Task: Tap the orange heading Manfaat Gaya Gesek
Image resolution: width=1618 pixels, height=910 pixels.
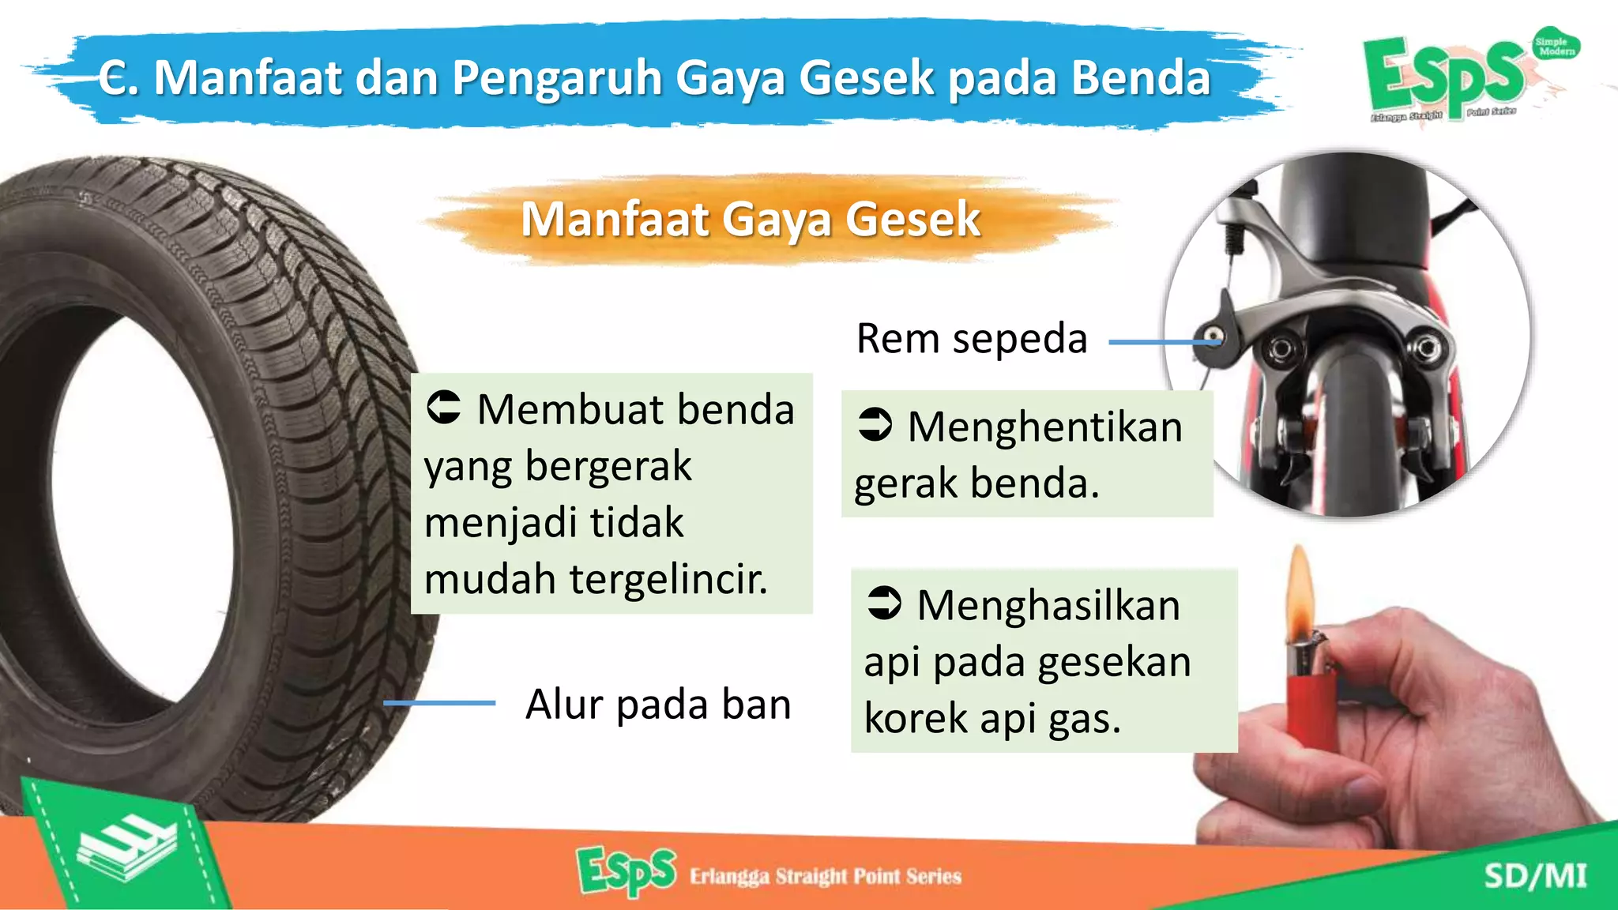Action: click(x=751, y=219)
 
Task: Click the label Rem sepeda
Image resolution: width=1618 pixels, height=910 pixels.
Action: click(x=972, y=339)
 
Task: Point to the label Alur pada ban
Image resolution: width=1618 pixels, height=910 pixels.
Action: click(x=658, y=704)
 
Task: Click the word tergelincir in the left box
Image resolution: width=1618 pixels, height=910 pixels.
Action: click(x=668, y=579)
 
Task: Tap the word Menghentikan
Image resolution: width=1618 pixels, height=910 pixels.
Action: click(x=1045, y=427)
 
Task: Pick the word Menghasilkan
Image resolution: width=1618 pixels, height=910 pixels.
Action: click(x=1048, y=606)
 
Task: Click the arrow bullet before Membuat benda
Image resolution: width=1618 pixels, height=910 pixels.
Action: click(x=444, y=408)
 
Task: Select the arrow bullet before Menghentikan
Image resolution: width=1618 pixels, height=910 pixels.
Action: click(x=875, y=424)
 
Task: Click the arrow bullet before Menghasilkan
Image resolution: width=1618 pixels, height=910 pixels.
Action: click(x=884, y=604)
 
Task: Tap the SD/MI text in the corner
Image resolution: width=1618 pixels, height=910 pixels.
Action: click(x=1535, y=876)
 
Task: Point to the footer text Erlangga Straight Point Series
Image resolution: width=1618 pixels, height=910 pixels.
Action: click(x=826, y=876)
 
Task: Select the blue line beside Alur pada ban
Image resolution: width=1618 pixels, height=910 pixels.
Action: click(x=439, y=702)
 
